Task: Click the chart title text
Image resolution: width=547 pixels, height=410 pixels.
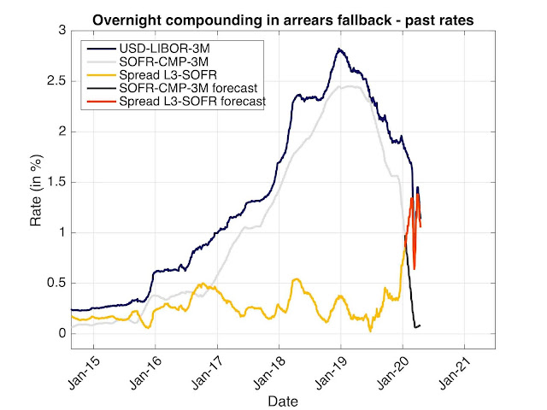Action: point(283,20)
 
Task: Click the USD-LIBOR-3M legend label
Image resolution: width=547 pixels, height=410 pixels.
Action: point(164,48)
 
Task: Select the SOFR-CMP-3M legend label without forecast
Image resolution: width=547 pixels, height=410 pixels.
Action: point(163,61)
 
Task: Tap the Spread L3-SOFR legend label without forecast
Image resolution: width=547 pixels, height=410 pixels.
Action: point(168,74)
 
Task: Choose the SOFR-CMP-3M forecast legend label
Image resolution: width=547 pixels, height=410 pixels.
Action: point(188,88)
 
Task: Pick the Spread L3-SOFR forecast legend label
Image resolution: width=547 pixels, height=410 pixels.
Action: point(192,101)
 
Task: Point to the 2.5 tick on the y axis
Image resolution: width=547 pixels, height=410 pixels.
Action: point(56,81)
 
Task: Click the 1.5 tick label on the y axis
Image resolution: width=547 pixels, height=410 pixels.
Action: point(56,182)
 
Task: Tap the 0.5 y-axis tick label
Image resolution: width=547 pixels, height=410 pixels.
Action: point(56,283)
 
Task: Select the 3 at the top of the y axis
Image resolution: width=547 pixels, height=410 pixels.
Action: point(62,31)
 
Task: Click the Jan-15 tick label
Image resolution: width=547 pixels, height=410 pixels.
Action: point(85,372)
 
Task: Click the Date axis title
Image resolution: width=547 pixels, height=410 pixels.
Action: point(283,401)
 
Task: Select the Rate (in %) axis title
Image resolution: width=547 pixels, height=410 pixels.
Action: point(36,190)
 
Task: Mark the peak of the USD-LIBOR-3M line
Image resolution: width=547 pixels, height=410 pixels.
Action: point(338,50)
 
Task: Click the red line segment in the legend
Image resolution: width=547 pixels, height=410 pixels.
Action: point(102,102)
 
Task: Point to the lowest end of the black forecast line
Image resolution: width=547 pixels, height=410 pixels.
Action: point(415,327)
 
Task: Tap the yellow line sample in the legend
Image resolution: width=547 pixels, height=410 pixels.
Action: point(102,75)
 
